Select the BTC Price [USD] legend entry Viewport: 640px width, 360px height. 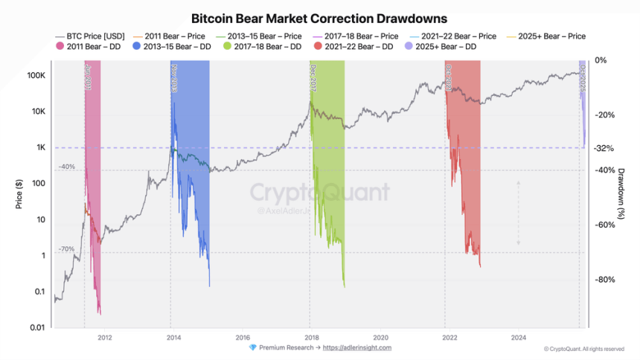coord(89,36)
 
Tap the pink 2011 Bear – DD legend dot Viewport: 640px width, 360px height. coord(60,46)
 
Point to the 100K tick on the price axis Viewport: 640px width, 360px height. coord(36,76)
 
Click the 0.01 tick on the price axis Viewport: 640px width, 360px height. coord(37,327)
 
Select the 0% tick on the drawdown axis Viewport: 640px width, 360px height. coord(602,60)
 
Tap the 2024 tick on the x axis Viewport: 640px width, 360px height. coord(519,336)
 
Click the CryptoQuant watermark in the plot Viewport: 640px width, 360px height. coord(319,193)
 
